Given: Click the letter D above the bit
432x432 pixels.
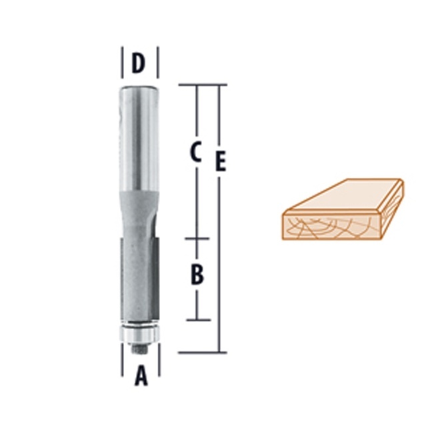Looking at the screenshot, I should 139,64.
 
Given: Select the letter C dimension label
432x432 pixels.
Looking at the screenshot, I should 195,153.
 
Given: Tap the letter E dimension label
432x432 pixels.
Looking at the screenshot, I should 221,162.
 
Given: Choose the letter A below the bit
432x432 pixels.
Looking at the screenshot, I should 141,377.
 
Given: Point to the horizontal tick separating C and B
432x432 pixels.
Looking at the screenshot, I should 197,239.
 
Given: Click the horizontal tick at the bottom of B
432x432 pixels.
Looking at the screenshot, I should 197,320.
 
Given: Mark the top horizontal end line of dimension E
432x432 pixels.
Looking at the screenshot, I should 203,85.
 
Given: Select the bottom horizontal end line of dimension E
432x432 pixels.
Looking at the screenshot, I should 203,353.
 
